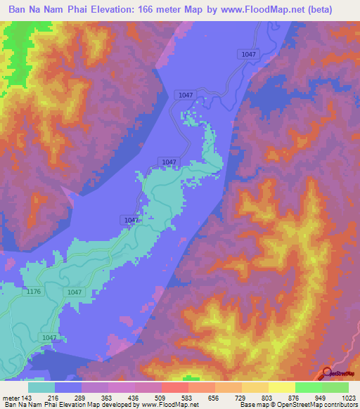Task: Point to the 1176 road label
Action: coord(33,292)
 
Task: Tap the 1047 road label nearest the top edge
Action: coord(248,53)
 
